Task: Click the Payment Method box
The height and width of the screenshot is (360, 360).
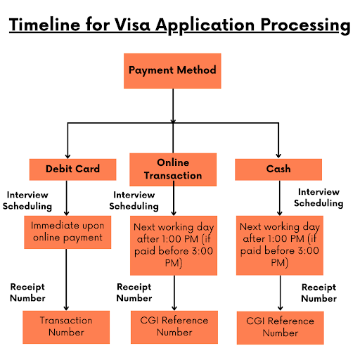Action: [172, 70]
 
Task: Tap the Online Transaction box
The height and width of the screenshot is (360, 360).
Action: [172, 169]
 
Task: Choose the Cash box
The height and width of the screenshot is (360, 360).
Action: [278, 169]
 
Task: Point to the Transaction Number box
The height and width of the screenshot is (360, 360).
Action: [65, 326]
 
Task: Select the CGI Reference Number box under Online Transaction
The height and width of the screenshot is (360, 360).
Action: [172, 326]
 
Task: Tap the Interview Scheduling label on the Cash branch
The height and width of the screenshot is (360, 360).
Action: [319, 197]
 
